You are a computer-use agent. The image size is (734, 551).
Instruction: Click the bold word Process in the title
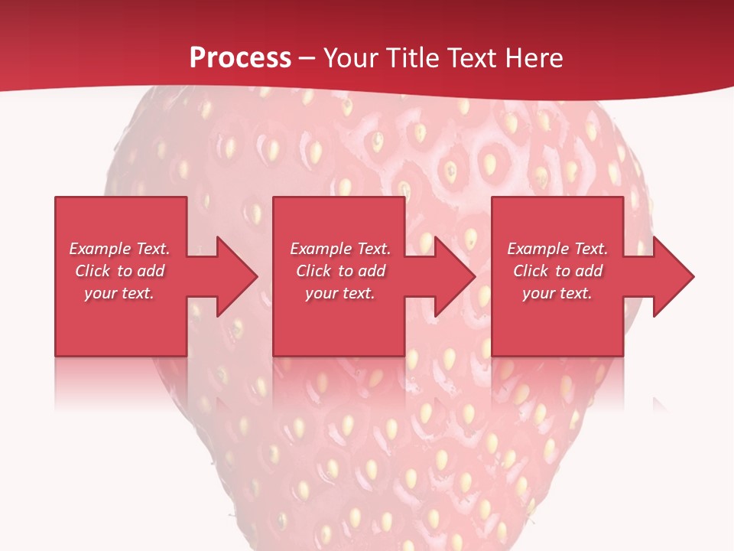pyautogui.click(x=240, y=57)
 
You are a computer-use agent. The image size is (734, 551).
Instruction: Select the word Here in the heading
pyautogui.click(x=534, y=57)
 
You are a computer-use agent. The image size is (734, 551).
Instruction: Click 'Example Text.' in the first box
pyautogui.click(x=120, y=249)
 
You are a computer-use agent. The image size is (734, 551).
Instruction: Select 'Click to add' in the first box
pyautogui.click(x=120, y=271)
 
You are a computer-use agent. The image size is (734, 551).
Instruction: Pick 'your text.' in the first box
pyautogui.click(x=119, y=293)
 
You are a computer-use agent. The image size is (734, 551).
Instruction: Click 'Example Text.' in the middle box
pyautogui.click(x=340, y=249)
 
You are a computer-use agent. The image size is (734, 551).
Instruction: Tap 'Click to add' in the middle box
pyautogui.click(x=340, y=271)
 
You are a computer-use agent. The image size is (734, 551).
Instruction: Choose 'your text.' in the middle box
pyautogui.click(x=339, y=293)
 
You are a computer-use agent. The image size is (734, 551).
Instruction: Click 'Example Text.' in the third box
pyautogui.click(x=557, y=249)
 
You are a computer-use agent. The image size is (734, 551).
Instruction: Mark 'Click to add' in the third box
pyautogui.click(x=557, y=271)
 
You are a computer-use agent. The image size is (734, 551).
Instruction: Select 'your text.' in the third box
pyautogui.click(x=557, y=293)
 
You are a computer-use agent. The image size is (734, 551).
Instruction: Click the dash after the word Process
pyautogui.click(x=307, y=58)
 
